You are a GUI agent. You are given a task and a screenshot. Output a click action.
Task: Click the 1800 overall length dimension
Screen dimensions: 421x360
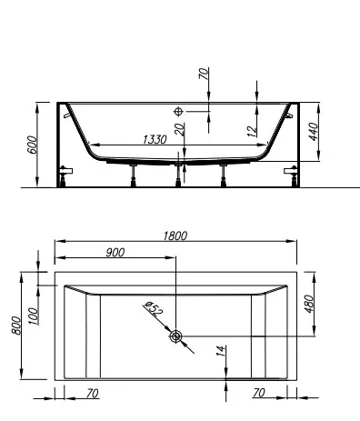coord(176,236)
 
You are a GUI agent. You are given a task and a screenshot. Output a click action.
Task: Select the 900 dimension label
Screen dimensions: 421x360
coord(115,253)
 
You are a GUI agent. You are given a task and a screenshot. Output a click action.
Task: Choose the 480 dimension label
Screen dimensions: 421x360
coord(309,303)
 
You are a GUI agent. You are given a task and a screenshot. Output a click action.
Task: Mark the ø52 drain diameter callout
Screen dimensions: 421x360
coord(154,311)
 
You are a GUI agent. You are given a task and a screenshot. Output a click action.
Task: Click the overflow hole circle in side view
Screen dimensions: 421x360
coord(178,111)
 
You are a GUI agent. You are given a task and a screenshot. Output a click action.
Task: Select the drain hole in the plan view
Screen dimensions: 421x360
coord(175,337)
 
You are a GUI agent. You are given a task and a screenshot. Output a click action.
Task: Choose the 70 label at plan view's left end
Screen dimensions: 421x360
coord(93,394)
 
